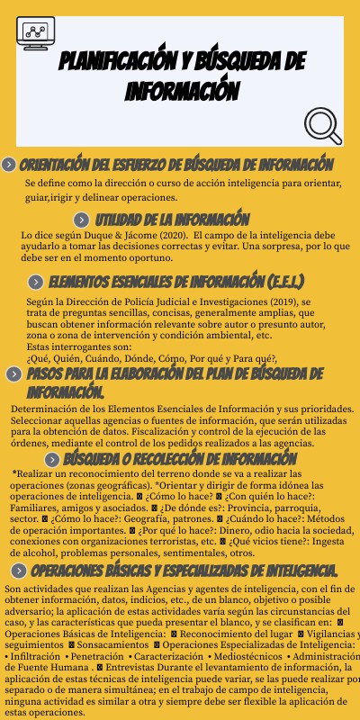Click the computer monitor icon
[x=36, y=35]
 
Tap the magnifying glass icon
[x=323, y=125]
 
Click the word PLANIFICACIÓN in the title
[x=117, y=62]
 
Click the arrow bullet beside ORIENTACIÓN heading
[x=9, y=165]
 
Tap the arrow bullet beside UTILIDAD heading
[x=82, y=220]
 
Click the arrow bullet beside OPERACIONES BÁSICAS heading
[x=18, y=546]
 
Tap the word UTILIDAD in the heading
[x=125, y=220]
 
